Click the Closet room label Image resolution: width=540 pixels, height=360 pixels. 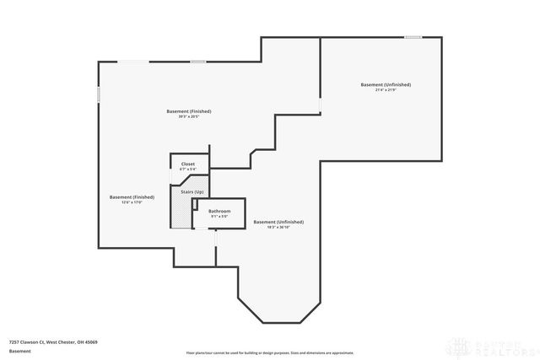coord(187,164)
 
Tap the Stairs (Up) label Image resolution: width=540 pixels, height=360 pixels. coord(192,192)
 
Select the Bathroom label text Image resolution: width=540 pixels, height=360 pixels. coord(219,211)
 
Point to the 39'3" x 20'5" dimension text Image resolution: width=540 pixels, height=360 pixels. coord(188,116)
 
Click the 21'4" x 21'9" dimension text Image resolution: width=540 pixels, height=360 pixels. coord(386,90)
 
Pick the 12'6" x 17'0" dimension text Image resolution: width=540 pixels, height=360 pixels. coord(132,202)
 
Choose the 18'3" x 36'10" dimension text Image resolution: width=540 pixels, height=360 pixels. coord(278,228)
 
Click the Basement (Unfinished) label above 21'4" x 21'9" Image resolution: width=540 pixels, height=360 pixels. coord(386,84)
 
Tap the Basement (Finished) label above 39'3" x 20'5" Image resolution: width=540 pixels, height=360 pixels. coord(188,111)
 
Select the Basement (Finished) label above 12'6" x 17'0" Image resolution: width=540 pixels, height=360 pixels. coord(132,196)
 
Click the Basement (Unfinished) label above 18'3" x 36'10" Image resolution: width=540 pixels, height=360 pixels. coord(278,222)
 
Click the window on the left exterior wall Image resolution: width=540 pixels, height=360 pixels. coord(99,94)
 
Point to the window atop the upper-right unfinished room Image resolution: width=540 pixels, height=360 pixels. coord(413,37)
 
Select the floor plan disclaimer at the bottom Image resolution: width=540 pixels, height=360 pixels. coord(270,352)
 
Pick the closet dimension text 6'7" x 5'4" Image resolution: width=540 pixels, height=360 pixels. coord(187,169)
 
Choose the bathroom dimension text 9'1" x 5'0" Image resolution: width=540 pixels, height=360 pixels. coord(219,217)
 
